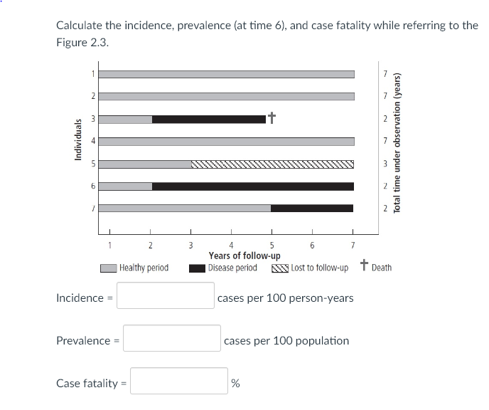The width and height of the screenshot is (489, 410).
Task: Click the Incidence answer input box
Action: [166, 295]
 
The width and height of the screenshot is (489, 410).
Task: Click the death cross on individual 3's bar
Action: [271, 117]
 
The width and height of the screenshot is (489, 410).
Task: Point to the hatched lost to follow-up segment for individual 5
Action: [272, 164]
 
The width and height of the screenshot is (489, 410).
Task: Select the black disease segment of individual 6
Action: [252, 186]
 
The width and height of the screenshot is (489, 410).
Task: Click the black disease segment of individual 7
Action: [312, 209]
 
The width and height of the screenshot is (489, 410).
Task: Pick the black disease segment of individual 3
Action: [209, 119]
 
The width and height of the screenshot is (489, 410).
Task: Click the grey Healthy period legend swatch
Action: [108, 268]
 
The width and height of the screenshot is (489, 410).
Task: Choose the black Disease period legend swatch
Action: [197, 268]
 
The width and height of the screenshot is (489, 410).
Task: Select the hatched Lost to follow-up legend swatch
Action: [279, 268]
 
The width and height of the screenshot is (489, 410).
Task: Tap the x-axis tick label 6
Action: [311, 246]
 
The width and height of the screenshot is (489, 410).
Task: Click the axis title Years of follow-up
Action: [244, 256]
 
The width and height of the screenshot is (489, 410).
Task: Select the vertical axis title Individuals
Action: [78, 142]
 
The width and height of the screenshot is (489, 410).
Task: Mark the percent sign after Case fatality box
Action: [235, 384]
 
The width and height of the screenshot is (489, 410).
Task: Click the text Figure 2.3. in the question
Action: [82, 42]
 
